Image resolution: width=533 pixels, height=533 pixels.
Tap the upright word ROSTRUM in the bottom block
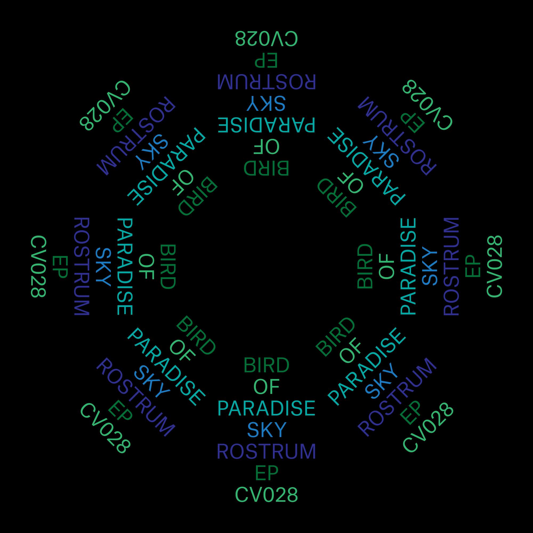click(266, 452)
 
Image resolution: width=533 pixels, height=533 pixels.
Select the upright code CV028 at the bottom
click(266, 495)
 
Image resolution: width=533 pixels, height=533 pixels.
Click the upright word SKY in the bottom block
click(266, 430)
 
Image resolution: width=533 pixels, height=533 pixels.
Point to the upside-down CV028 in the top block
click(266, 39)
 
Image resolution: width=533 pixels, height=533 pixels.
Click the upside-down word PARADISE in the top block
click(266, 125)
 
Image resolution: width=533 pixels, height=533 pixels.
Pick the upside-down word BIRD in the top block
click(266, 168)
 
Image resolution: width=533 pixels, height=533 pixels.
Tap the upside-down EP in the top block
click(266, 60)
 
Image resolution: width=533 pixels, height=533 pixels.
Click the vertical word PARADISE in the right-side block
click(408, 266)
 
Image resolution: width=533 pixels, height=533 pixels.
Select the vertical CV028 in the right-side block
click(494, 266)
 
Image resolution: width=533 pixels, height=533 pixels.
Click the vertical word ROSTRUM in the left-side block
click(81, 266)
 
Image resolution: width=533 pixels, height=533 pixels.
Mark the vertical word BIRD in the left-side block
click(168, 266)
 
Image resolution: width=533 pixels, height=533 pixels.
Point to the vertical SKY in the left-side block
click(103, 266)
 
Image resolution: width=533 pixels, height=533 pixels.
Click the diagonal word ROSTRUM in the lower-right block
click(397, 397)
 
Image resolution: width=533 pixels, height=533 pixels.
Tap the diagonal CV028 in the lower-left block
click(105, 428)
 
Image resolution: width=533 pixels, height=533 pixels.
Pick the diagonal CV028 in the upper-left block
click(105, 105)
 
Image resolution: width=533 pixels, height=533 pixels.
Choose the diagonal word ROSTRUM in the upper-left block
click(135, 135)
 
